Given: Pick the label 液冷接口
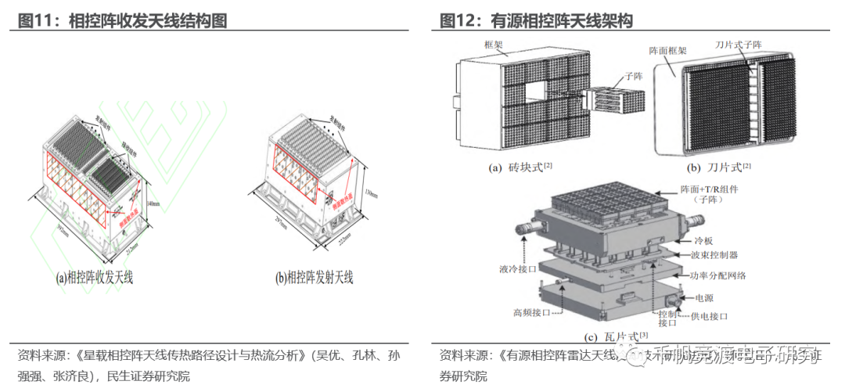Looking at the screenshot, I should pos(516,269).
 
